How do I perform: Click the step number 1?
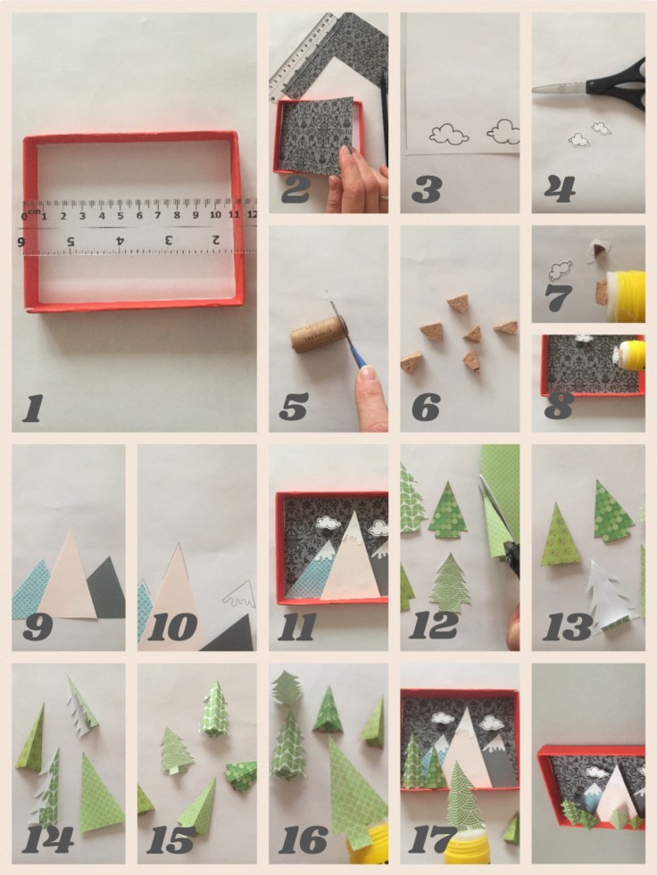(33, 408)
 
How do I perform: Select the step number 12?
(434, 625)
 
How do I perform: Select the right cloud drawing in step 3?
(504, 130)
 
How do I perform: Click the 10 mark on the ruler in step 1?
(215, 215)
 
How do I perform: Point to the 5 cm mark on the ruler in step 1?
(121, 215)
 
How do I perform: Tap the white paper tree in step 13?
(608, 597)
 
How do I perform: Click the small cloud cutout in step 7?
(561, 270)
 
